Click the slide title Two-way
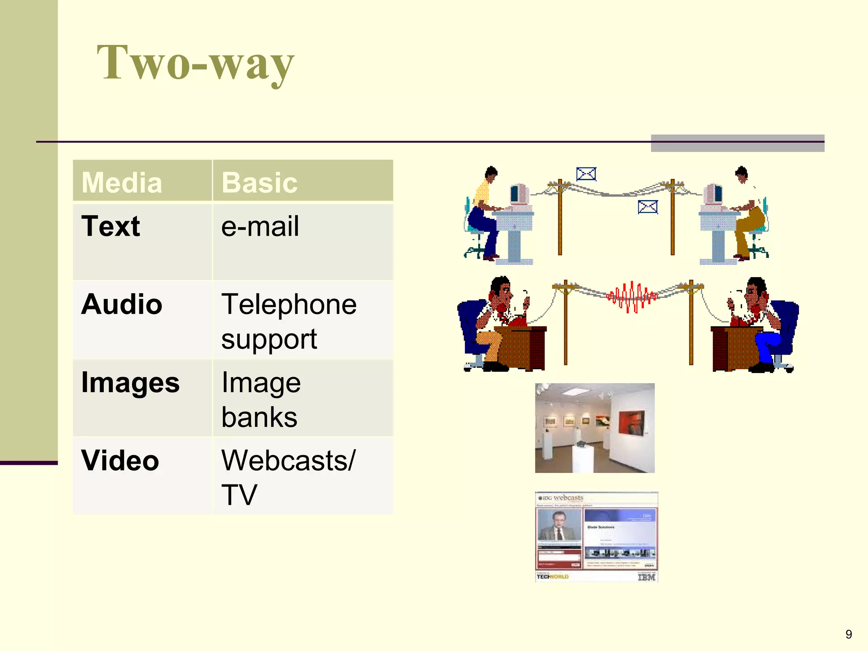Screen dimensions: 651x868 pos(195,63)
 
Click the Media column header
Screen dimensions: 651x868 pos(122,183)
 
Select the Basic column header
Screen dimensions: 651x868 pos(259,183)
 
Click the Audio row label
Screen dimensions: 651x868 pos(122,304)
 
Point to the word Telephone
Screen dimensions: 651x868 pos(289,304)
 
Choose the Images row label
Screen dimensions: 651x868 pos(130,382)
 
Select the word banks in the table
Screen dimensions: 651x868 pos(259,417)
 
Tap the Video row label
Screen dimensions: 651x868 pos(120,461)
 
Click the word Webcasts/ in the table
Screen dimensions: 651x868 pos(289,461)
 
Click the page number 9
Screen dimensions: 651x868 pos(849,634)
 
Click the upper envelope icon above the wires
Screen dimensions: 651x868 pos(586,174)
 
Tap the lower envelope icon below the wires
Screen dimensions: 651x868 pos(648,207)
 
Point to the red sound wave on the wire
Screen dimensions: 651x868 pos(632,296)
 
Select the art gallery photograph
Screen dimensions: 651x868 pos(595,428)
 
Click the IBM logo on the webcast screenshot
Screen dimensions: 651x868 pos(646,577)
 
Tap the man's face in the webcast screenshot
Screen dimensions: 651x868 pos(557,520)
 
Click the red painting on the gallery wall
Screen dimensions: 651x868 pos(632,423)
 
